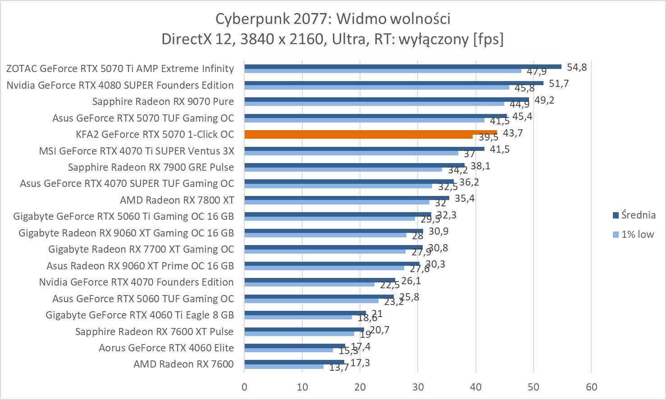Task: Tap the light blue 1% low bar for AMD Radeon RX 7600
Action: [x=284, y=367]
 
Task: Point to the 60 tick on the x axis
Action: [x=591, y=387]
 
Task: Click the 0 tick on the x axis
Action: [x=244, y=387]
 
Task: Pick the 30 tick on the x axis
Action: [x=418, y=387]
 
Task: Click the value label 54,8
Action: [x=577, y=67]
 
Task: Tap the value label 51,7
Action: [x=559, y=83]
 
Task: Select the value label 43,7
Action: [x=513, y=133]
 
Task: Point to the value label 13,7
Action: [x=339, y=368]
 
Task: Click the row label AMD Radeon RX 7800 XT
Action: [x=177, y=200]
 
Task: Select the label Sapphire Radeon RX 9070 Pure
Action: [x=163, y=101]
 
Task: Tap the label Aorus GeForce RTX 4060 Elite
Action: [x=166, y=348]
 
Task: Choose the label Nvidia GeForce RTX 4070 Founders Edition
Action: [x=136, y=282]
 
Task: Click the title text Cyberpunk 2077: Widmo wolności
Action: [x=333, y=19]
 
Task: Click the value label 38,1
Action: [x=480, y=166]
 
